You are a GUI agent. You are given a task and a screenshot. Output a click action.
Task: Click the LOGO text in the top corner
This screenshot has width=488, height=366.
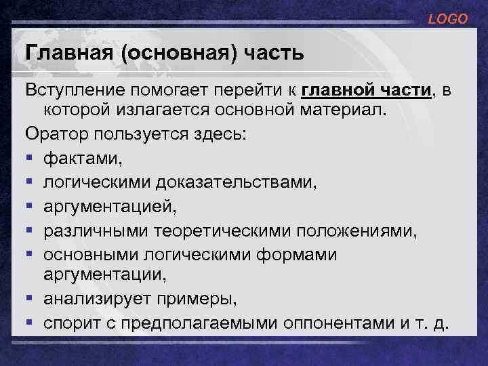coord(447,20)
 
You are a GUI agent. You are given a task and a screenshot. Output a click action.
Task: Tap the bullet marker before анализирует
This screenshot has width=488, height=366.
coord(30,298)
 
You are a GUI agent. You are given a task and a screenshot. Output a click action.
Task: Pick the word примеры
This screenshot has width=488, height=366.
coord(206,298)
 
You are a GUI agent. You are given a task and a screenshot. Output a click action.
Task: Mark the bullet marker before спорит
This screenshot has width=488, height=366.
coord(30,322)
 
